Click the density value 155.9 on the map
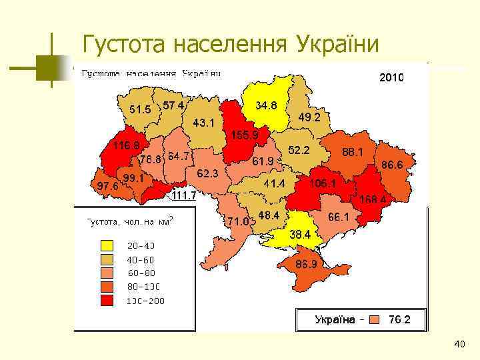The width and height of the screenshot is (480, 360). click(245, 135)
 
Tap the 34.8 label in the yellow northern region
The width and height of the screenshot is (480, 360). click(267, 105)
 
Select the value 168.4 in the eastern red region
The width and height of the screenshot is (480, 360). click(374, 198)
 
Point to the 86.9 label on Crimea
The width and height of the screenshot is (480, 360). click(306, 264)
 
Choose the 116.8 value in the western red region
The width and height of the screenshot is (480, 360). click(126, 145)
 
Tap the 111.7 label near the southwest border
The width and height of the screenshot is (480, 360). click(184, 195)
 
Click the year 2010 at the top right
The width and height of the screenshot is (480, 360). click(391, 78)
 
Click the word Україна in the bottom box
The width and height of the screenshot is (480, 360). click(335, 319)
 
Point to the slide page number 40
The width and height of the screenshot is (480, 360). click(459, 344)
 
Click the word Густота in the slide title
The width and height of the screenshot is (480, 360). click(124, 45)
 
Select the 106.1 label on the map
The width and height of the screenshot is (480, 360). click(322, 183)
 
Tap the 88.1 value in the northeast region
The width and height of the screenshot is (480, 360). click(353, 152)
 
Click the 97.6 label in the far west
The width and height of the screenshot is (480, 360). click(108, 186)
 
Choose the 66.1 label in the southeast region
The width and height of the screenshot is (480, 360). click(339, 217)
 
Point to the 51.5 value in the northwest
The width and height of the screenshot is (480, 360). click(140, 109)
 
